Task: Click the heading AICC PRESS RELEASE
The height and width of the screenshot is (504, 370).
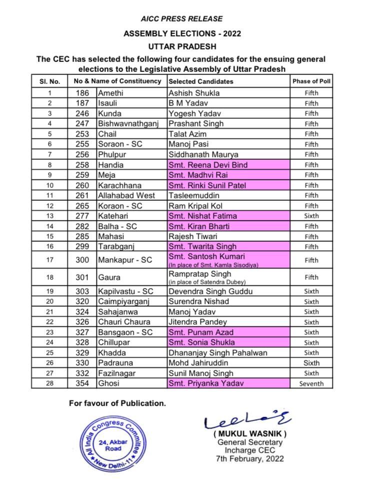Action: click(182, 19)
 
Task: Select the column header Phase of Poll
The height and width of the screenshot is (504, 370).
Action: click(311, 81)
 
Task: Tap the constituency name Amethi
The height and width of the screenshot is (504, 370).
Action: click(110, 93)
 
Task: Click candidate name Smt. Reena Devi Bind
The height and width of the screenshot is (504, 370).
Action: click(208, 165)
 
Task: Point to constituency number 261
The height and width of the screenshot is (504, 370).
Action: click(82, 195)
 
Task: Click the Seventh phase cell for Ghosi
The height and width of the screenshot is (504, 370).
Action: click(311, 384)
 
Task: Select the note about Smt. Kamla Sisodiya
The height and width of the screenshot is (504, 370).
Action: click(213, 265)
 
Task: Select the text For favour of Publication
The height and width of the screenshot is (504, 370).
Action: click(117, 403)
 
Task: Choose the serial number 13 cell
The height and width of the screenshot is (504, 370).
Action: click(49, 216)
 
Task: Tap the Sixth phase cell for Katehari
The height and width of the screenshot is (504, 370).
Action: click(311, 216)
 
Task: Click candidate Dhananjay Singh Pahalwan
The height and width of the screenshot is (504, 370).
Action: click(217, 353)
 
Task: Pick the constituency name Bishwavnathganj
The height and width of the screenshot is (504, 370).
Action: click(125, 124)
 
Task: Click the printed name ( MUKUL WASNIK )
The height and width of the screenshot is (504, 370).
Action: click(249, 434)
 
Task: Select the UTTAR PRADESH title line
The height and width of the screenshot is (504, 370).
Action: click(182, 46)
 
